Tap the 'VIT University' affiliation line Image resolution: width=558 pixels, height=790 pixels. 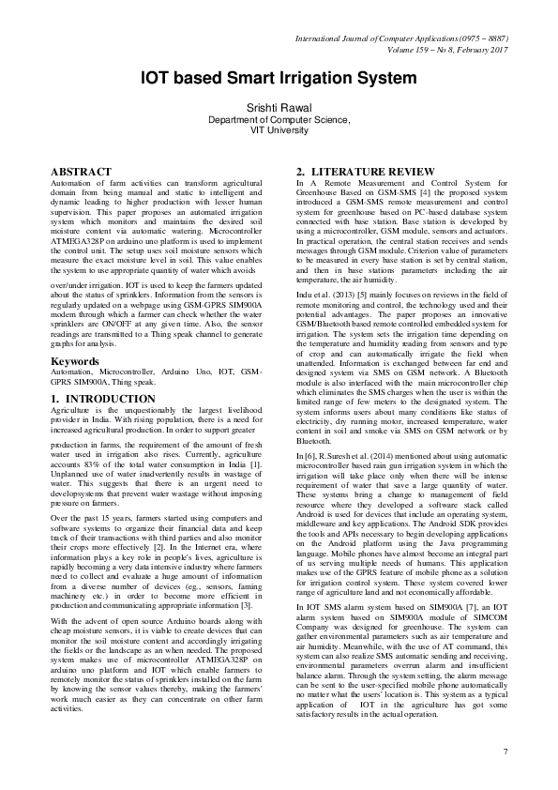tap(279, 131)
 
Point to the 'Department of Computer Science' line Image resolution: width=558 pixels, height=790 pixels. tap(279, 120)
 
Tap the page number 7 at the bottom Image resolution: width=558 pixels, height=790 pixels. tap(505, 752)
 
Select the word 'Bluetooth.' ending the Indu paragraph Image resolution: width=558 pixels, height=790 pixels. tap(314, 440)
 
